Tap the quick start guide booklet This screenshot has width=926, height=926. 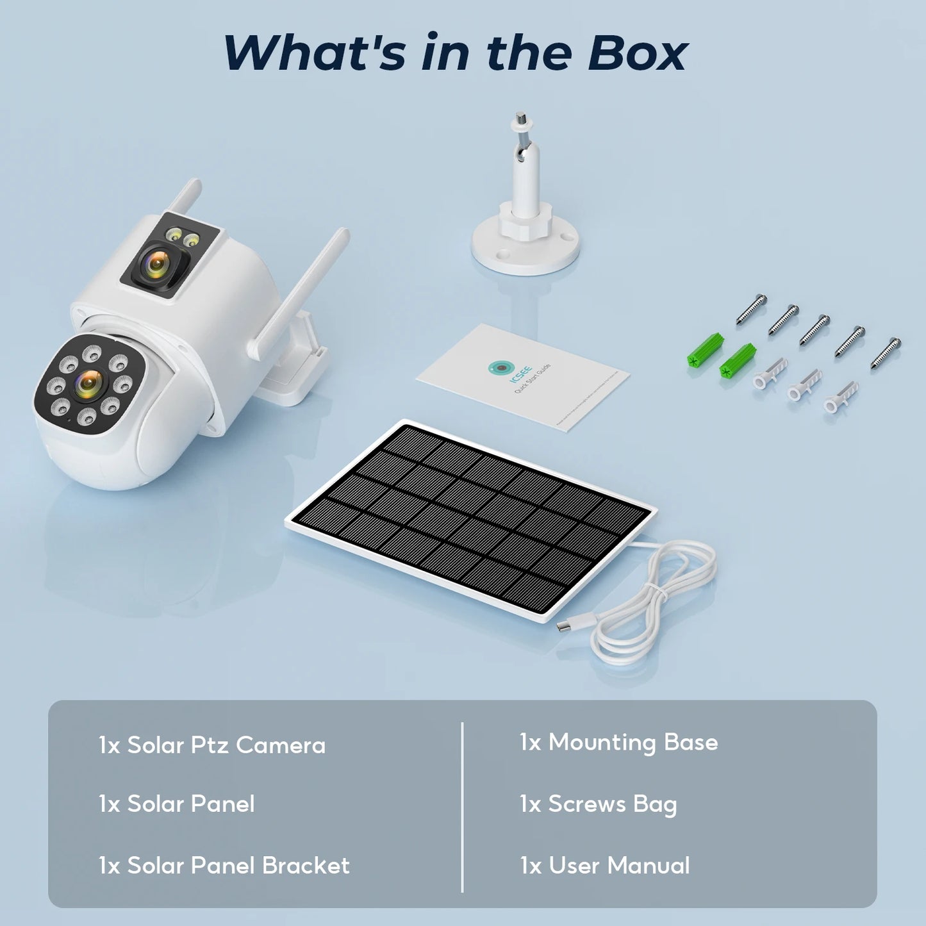522,378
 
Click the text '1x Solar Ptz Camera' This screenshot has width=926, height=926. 212,745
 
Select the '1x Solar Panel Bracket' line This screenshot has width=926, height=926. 224,866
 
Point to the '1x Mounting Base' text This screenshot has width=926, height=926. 619,743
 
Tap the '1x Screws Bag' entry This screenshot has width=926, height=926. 599,804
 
